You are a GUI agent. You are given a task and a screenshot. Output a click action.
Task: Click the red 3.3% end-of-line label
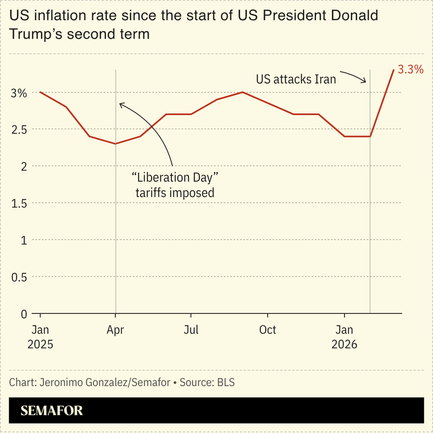[x=410, y=70]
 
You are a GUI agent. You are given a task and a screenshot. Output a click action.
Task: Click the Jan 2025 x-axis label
[x=40, y=337]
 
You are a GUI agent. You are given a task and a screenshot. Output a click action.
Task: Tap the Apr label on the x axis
[x=115, y=330]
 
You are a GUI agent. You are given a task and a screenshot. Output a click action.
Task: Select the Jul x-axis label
[x=191, y=330]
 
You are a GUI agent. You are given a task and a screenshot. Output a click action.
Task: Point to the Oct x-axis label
[x=267, y=330]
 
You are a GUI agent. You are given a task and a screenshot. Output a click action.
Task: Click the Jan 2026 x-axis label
[x=344, y=337]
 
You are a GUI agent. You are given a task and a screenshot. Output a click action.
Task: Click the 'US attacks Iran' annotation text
[x=296, y=79]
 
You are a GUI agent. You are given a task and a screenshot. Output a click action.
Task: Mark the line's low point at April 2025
[x=116, y=144]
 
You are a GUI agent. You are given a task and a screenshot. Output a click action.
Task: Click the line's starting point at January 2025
[x=40, y=92]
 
